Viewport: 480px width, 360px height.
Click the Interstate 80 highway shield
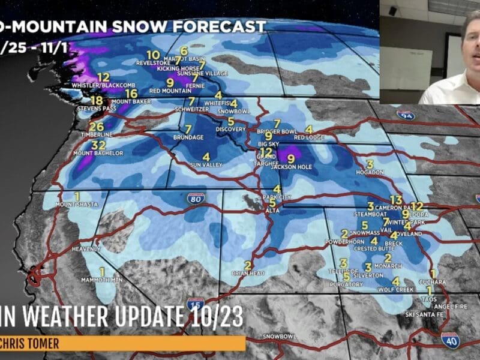pyautogui.click(x=196, y=199)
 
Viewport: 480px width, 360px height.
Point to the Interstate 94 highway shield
pyautogui.click(x=407, y=115)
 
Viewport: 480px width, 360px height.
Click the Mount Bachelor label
pyautogui.click(x=98, y=154)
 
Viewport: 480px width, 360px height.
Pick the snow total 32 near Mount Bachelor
pyautogui.click(x=98, y=145)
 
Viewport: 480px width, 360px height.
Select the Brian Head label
pyautogui.click(x=248, y=274)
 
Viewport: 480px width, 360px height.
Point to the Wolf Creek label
pyautogui.click(x=394, y=290)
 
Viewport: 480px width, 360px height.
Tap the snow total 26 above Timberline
pyautogui.click(x=96, y=127)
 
